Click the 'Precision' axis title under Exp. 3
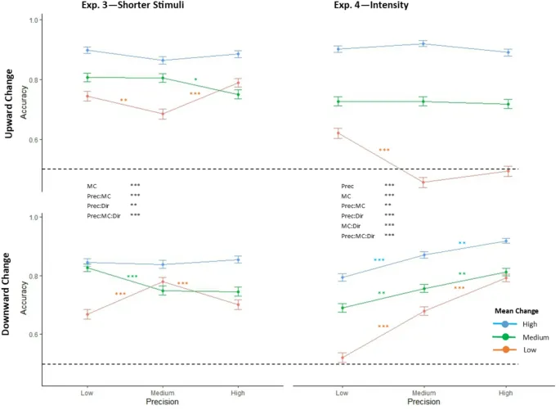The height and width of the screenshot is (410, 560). (163, 402)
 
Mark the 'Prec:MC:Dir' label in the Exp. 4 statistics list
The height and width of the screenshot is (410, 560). (358, 236)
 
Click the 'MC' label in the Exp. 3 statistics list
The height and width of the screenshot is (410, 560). (92, 187)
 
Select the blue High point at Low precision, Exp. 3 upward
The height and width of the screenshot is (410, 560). (87, 50)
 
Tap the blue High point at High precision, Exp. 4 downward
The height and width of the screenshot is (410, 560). (506, 241)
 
